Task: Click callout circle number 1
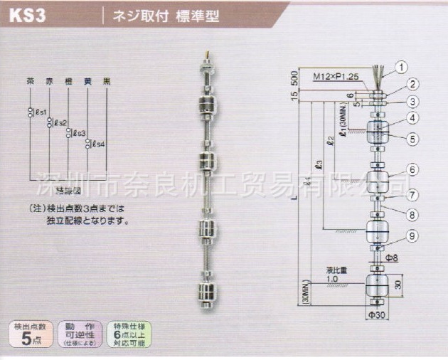coord(402,68)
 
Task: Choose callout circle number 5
coord(412,139)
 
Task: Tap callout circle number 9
coord(412,235)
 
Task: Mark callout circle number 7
coord(412,194)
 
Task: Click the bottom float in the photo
coord(207,292)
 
